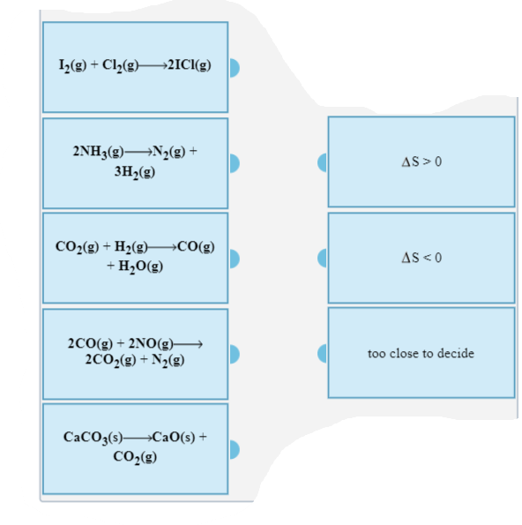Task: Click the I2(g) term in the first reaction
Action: click(71, 67)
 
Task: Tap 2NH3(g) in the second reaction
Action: click(92, 151)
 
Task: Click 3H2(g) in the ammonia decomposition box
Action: click(135, 171)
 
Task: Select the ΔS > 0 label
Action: click(421, 162)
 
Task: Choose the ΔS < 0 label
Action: click(421, 258)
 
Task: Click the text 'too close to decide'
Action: click(421, 353)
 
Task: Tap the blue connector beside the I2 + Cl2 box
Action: click(234, 68)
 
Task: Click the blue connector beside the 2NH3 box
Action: click(234, 162)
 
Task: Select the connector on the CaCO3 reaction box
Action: click(234, 449)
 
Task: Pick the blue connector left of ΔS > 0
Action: click(324, 162)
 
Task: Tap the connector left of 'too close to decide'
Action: click(324, 353)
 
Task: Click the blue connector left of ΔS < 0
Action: click(324, 258)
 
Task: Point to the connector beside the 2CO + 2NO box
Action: click(234, 353)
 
